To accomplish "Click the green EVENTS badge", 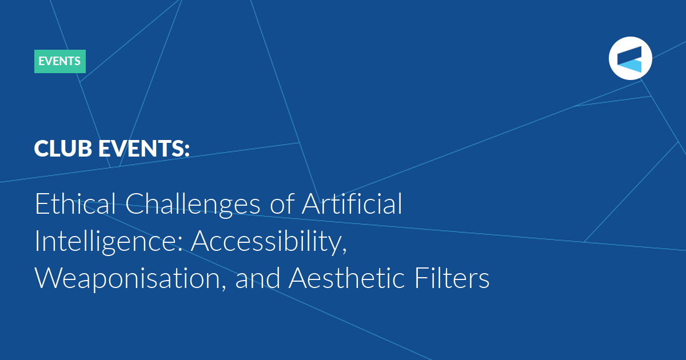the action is (x=59, y=61).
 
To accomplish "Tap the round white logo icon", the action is (x=630, y=58).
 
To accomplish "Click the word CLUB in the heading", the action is (x=63, y=149).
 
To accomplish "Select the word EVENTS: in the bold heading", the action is (x=144, y=149).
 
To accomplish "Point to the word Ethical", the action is (x=75, y=203).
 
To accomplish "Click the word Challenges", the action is (x=193, y=205).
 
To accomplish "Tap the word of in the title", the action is (x=282, y=203).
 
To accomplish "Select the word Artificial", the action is (x=352, y=203).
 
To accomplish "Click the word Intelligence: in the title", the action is (x=109, y=242).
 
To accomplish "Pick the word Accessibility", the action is (x=269, y=242).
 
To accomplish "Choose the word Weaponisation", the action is (x=131, y=279).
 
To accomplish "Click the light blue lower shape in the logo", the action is (x=629, y=66).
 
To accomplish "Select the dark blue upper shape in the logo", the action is (x=629, y=54).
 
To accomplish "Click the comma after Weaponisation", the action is (x=224, y=287).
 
